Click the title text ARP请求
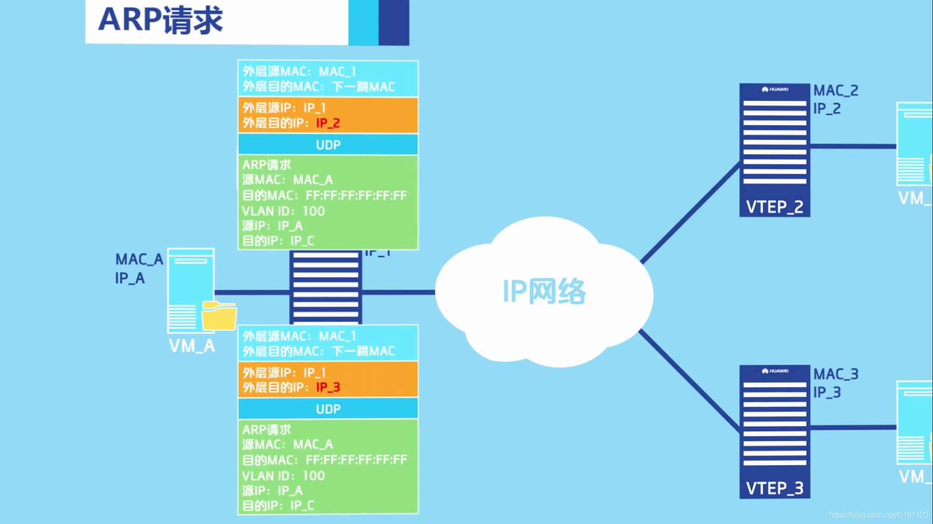(160, 20)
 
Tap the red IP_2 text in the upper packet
(328, 123)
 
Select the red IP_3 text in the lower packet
(328, 387)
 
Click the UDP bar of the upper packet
(328, 145)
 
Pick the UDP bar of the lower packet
(328, 409)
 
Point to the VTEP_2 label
(774, 207)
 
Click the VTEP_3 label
(774, 488)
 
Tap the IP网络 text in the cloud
(544, 292)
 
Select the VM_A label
(192, 346)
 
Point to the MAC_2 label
(836, 90)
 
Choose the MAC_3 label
(836, 374)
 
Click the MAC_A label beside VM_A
(139, 259)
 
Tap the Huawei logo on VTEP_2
(775, 89)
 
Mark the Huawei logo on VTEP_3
(775, 371)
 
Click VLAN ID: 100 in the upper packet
(283, 211)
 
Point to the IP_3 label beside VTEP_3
(827, 393)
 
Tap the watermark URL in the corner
(878, 515)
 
